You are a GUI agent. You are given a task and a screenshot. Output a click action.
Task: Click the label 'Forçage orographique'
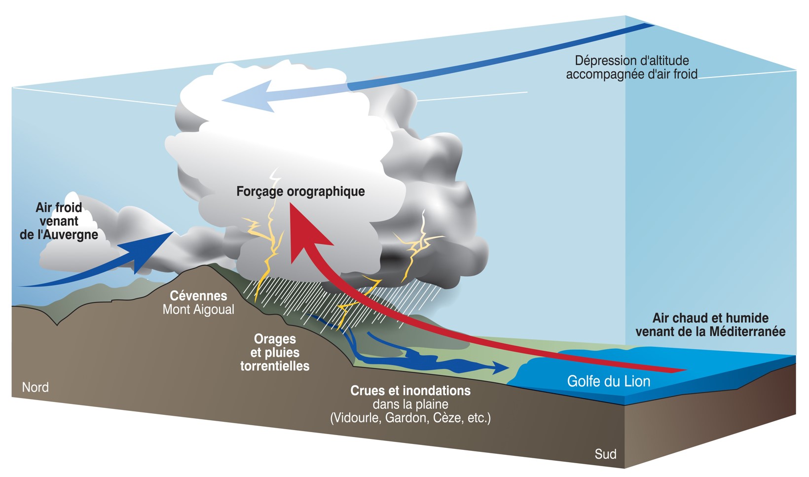pos(300,191)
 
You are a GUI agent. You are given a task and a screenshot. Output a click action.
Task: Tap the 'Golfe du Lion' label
pos(608,381)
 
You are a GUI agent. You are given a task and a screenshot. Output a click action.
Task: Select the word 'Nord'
pos(35,387)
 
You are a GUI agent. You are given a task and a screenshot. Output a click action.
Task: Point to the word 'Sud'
pos(605,454)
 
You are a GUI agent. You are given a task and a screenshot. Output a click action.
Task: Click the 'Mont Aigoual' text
pos(198,310)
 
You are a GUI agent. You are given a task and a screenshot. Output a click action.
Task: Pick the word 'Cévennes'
pos(198,296)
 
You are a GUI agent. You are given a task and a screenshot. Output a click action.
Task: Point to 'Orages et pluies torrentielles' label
pos(275,353)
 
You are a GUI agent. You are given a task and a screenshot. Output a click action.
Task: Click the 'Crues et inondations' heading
pos(410,391)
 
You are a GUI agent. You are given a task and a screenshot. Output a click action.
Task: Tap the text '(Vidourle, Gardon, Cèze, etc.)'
pos(410,418)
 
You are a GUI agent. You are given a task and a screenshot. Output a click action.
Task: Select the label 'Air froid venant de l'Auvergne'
pos(59,221)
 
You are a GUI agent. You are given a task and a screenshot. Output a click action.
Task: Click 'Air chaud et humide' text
pos(710,318)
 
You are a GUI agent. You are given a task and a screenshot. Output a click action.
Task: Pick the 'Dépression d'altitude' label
pos(632,61)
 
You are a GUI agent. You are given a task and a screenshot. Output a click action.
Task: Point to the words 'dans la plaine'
pos(410,404)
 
